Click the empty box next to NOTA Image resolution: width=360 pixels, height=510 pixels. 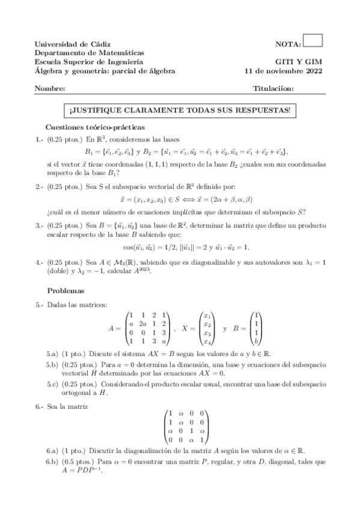[x=313, y=40]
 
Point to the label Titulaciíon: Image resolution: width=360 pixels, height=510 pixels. [x=274, y=89]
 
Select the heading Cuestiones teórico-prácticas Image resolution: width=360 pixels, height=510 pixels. [x=96, y=127]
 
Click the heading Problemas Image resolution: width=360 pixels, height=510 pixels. [x=66, y=290]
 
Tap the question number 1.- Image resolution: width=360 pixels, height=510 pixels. [x=39, y=140]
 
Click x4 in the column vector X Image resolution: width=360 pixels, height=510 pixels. [x=208, y=342]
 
